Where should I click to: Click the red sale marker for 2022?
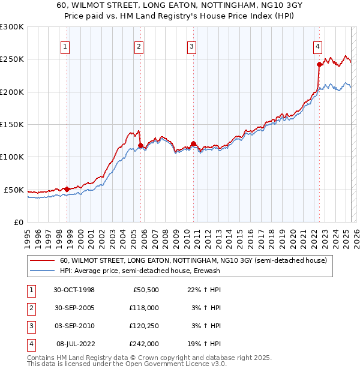pyautogui.click(x=319, y=64)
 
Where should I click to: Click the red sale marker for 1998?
pyautogui.click(x=67, y=189)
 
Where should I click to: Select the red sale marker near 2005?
pyautogui.click(x=140, y=145)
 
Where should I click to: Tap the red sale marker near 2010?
pyautogui.click(x=193, y=143)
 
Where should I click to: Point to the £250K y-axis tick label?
pyautogui.click(x=12, y=59)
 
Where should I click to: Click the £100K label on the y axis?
pyautogui.click(x=12, y=157)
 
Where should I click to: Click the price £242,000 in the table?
pyautogui.click(x=144, y=344)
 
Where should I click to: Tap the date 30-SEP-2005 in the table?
pyautogui.click(x=74, y=308)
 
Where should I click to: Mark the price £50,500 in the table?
pyautogui.click(x=146, y=290)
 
